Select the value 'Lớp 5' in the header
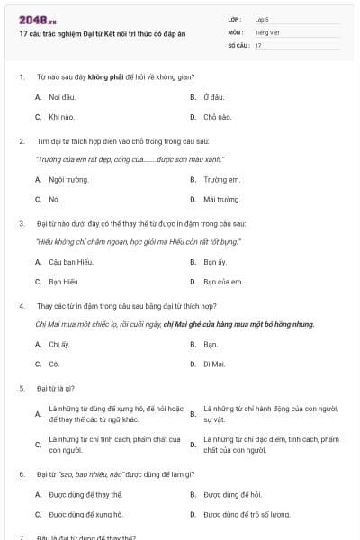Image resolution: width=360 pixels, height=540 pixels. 262,18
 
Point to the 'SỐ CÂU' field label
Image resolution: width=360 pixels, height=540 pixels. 238,45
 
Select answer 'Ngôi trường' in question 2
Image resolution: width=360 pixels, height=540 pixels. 69,179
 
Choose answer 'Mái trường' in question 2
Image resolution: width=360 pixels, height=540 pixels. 221,199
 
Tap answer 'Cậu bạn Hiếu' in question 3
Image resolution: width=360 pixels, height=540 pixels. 71,262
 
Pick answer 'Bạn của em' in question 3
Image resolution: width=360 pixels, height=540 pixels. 222,282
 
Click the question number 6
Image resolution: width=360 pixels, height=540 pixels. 22,473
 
